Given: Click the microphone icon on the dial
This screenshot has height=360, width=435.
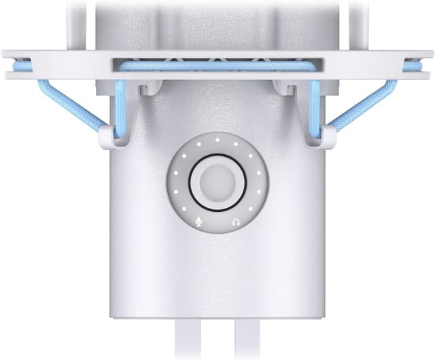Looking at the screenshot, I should point(198,221).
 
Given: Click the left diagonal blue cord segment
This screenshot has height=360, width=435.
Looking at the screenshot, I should point(71,105).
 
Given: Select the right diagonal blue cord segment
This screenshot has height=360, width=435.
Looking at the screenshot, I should point(364,105).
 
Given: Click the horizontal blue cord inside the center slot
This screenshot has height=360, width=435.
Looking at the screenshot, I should point(217,64).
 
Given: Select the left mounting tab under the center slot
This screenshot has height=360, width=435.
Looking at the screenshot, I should point(150,86).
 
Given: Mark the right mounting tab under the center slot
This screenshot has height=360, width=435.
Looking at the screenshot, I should point(285,86).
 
